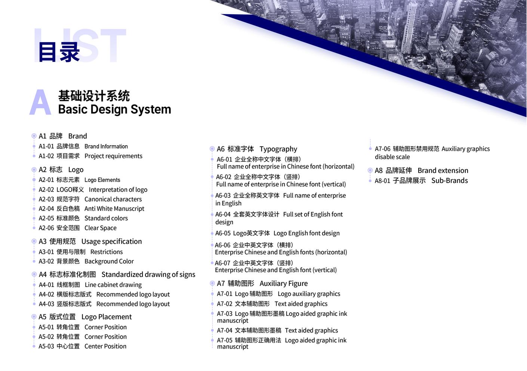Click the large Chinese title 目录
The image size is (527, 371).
59,52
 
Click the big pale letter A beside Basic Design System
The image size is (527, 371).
40,102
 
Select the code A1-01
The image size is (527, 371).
46,146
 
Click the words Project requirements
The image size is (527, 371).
113,156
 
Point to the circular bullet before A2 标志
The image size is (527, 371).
34,170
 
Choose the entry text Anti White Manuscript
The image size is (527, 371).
114,209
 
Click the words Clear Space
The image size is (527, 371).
101,228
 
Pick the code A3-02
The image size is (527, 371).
46,261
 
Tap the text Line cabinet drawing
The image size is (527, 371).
113,285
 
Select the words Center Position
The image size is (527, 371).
105,346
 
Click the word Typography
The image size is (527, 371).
278,149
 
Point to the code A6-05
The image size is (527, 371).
223,233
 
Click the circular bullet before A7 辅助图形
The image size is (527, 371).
212,283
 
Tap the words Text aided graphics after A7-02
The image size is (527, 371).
301,304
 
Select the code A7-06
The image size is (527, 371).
383,149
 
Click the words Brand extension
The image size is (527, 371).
443,170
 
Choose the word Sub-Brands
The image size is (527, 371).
450,180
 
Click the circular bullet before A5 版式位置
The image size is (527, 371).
34,317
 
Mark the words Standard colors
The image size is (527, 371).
106,218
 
